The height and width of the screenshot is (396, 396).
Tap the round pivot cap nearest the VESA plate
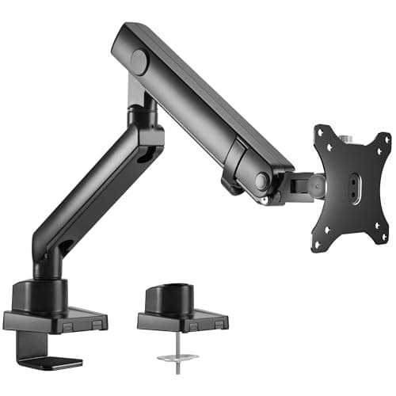coord(261,181)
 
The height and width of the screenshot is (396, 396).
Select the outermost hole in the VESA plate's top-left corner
coord(321,132)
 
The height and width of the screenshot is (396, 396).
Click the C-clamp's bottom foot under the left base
coord(55,360)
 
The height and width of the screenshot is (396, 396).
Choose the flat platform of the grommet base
coord(182,322)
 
